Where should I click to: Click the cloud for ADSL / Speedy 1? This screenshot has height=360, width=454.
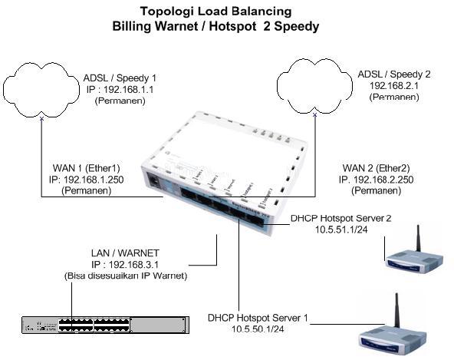41,89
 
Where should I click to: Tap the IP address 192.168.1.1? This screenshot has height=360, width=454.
121,89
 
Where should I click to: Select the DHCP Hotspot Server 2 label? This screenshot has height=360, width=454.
340,219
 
